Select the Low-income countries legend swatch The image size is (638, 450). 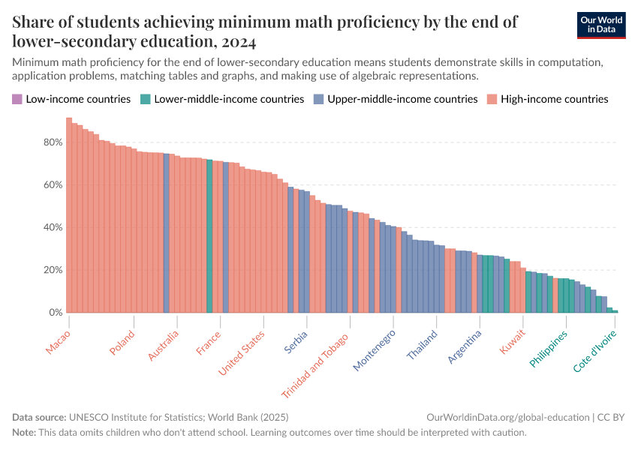[x=17, y=99]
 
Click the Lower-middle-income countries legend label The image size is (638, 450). [x=228, y=99]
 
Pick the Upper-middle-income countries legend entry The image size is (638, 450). [x=402, y=99]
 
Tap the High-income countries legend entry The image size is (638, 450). [x=554, y=99]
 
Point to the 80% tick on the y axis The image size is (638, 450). [x=53, y=142]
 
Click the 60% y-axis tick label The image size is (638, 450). [x=53, y=185]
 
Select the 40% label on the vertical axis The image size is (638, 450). [x=53, y=228]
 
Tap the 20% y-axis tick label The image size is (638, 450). [x=53, y=270]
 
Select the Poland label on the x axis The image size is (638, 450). [x=122, y=343]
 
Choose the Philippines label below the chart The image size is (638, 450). [x=549, y=348]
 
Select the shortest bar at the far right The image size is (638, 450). [x=615, y=311]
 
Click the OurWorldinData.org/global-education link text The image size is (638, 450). [x=507, y=417]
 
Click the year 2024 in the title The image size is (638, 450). [x=238, y=40]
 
